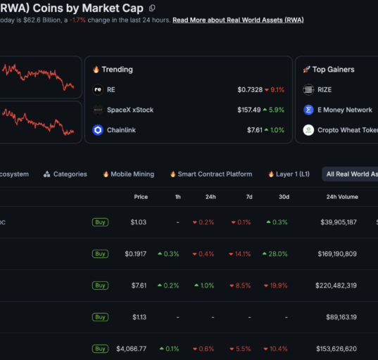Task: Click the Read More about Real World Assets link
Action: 238,20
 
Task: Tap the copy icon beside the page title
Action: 152,8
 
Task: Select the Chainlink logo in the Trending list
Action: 98,130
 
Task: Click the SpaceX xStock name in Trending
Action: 130,110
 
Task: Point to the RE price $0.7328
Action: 250,90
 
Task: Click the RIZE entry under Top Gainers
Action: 325,90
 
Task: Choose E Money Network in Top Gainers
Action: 345,110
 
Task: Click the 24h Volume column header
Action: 342,197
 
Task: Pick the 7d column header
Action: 249,197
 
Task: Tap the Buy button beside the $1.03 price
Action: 100,222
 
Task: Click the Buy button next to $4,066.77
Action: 100,349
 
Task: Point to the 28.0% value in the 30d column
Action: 275,254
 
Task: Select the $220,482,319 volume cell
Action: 336,285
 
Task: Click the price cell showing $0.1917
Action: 135,254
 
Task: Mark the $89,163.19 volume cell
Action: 341,317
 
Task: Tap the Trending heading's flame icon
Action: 96,70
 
